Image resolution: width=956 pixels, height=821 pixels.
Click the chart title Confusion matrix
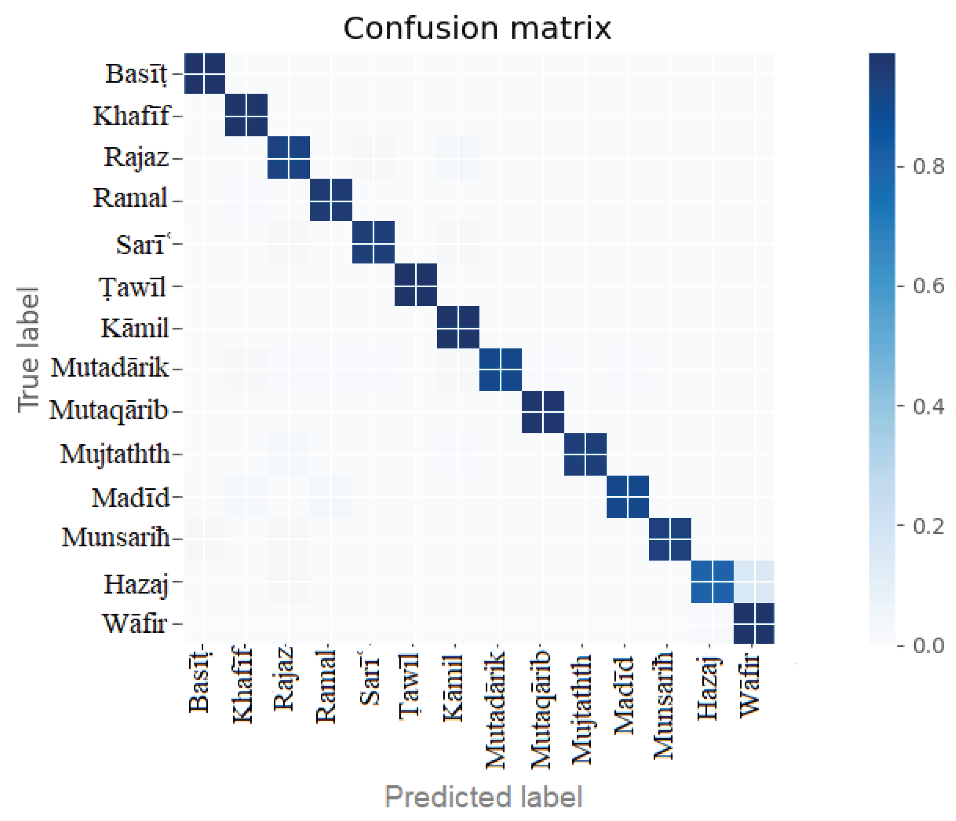click(477, 29)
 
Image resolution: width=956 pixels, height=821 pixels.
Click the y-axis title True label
click(29, 349)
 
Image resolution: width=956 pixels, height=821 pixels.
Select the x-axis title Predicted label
click(484, 797)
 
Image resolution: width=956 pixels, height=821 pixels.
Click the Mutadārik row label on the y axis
click(110, 368)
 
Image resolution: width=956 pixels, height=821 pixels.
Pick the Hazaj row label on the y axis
click(135, 584)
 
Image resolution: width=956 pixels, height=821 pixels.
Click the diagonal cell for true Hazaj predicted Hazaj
click(712, 582)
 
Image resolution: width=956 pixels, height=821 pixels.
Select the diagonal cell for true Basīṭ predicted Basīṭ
click(204, 73)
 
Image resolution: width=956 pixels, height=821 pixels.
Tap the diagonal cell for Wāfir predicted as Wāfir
click(754, 624)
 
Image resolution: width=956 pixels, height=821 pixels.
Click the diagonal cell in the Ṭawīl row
click(416, 285)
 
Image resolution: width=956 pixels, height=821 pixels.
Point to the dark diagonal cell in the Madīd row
click(627, 497)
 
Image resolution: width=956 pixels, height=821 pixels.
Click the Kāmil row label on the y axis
click(135, 329)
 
